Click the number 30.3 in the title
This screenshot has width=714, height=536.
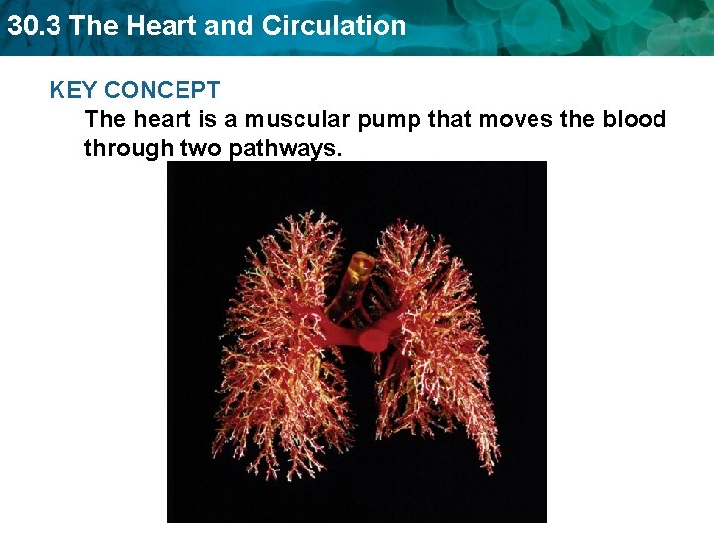pyautogui.click(x=34, y=26)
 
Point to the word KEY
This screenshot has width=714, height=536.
pyautogui.click(x=73, y=91)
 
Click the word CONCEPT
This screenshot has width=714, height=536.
pyautogui.click(x=162, y=91)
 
